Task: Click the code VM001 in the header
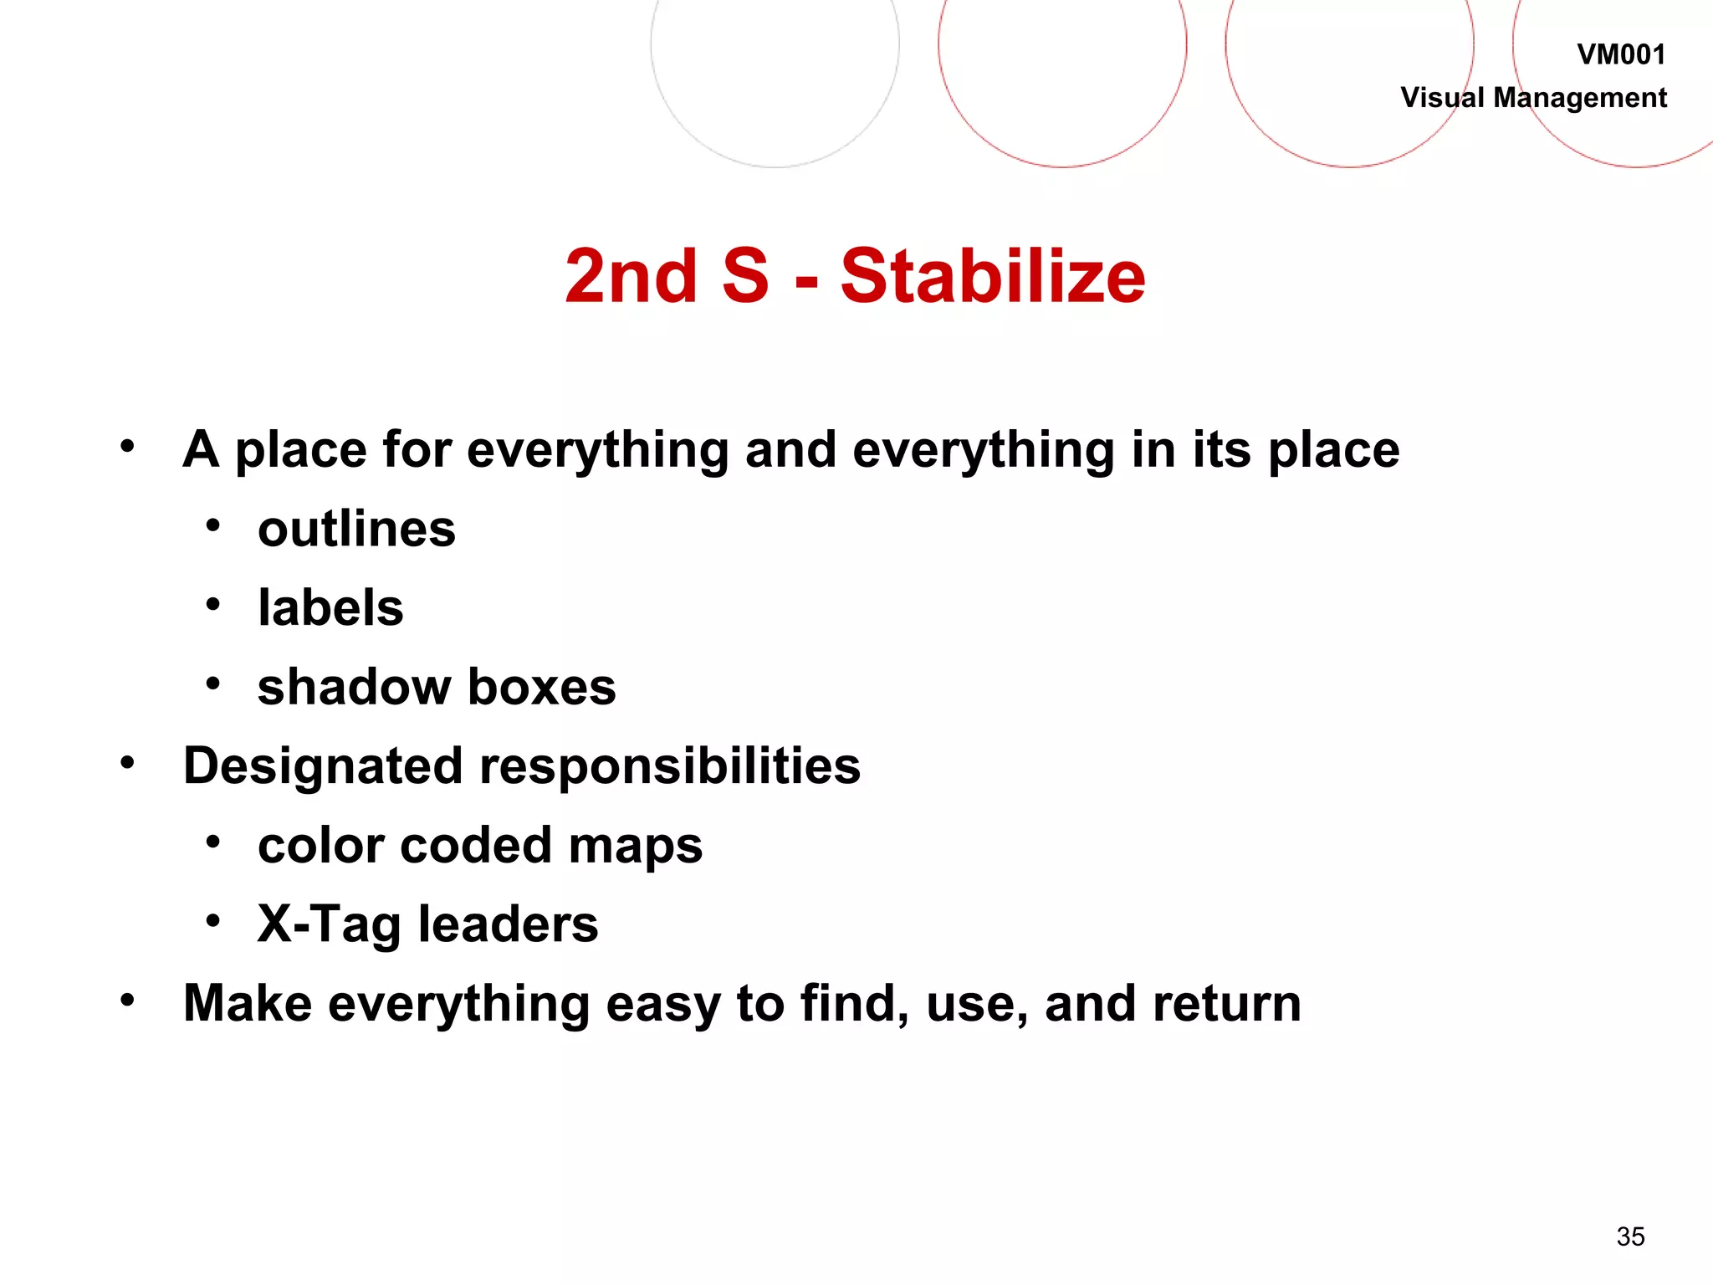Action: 1620,55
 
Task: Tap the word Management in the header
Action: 1579,98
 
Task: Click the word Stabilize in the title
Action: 992,277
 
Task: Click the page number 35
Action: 1630,1236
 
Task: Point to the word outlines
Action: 356,530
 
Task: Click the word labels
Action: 330,608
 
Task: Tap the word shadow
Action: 354,687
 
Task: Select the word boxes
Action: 541,687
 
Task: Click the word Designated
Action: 323,766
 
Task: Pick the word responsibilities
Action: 669,766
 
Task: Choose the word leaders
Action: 508,924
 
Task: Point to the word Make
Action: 248,1004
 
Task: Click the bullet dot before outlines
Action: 213,526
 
